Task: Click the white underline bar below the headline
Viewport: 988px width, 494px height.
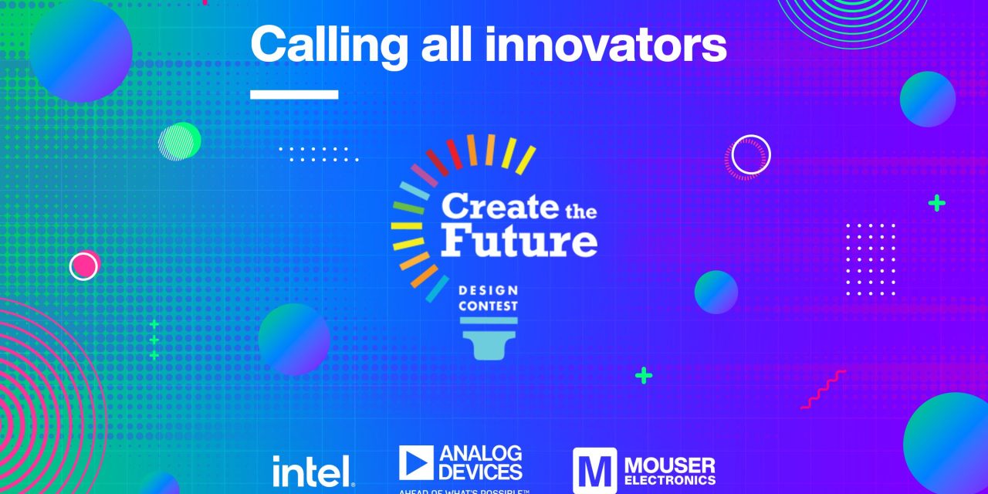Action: point(294,94)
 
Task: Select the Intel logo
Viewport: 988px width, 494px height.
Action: point(313,470)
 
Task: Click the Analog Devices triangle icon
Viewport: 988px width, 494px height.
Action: point(416,462)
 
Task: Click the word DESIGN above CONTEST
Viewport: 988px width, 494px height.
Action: point(488,291)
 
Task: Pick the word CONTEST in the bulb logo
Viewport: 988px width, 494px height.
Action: point(488,306)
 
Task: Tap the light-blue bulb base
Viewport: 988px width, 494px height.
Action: point(488,340)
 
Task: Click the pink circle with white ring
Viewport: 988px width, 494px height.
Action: point(84,266)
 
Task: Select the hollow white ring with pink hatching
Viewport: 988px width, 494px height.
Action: point(750,154)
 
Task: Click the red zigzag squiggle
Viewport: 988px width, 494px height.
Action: point(823,389)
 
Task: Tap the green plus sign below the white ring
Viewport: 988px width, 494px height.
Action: point(936,203)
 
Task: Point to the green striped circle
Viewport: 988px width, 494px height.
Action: point(179,141)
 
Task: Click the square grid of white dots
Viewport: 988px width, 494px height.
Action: point(871,259)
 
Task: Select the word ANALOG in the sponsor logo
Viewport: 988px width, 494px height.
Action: point(480,453)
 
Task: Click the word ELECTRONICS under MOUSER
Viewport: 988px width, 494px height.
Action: point(669,480)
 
